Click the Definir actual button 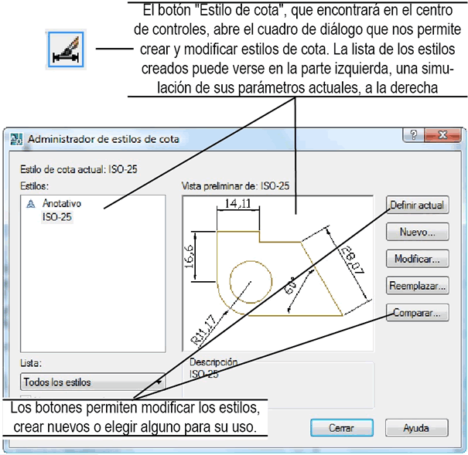point(417,205)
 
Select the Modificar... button point(417,259)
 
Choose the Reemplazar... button point(417,286)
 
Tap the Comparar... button point(417,313)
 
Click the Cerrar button point(340,427)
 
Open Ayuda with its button point(417,427)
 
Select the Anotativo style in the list point(61,204)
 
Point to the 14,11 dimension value point(236,204)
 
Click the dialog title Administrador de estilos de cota point(103,139)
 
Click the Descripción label point(213,362)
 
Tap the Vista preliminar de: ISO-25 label point(235,186)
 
